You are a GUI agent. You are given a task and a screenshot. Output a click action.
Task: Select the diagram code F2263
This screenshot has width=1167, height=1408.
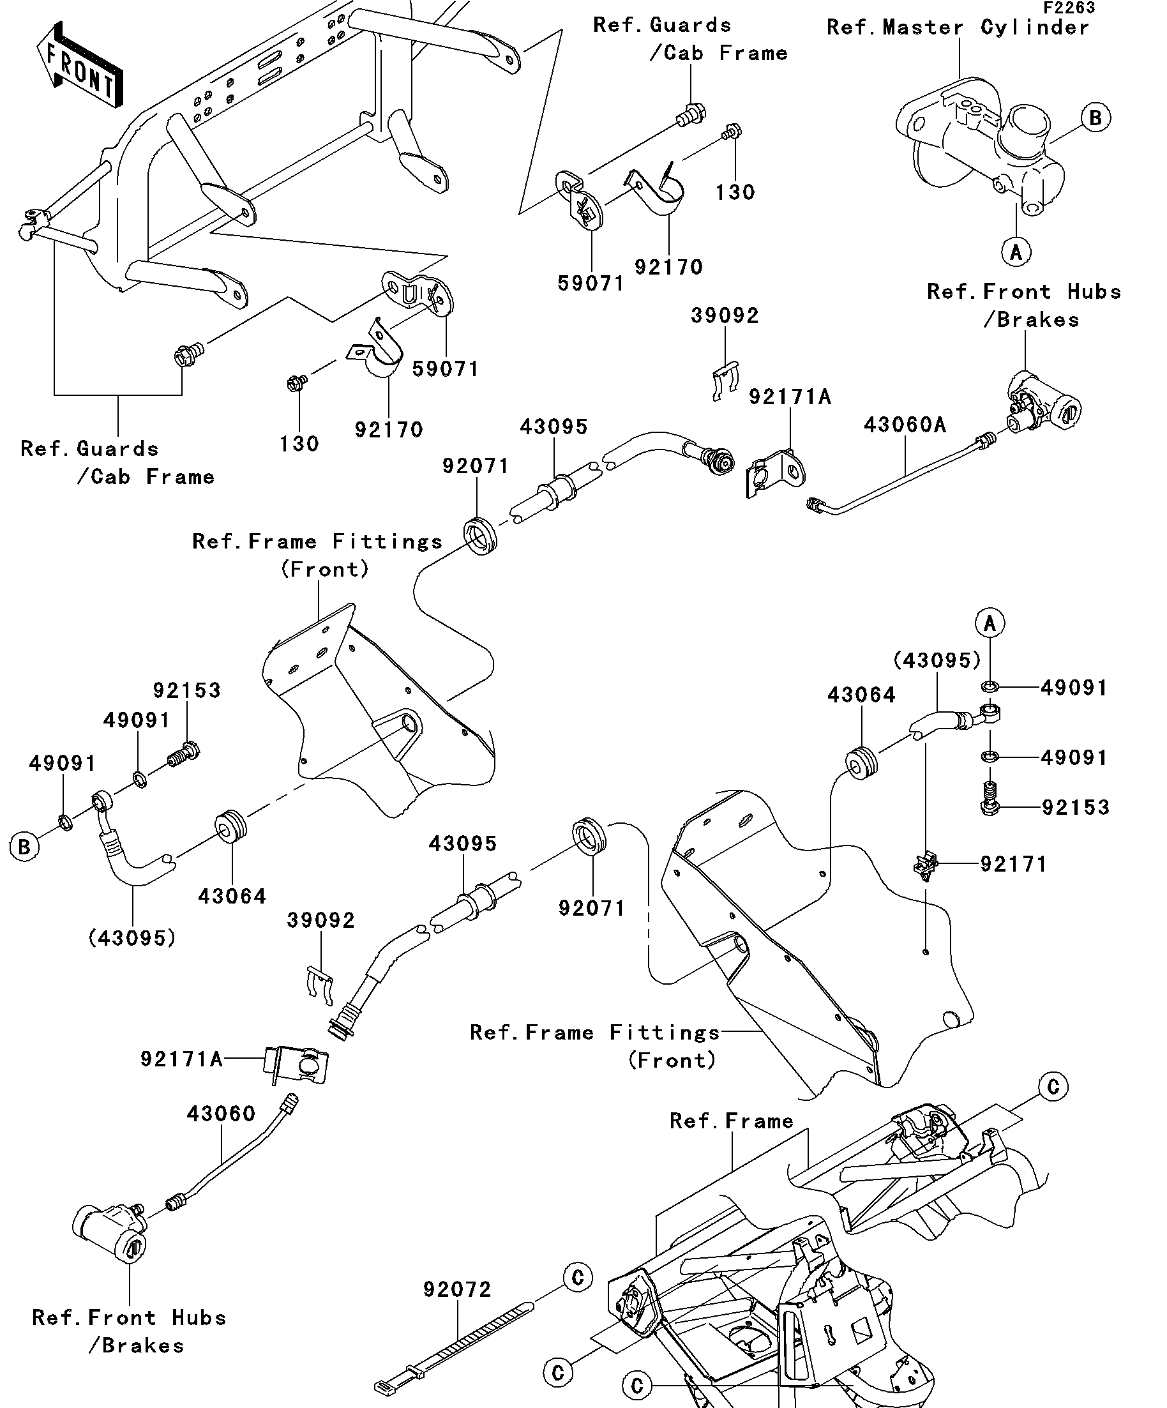[1069, 8]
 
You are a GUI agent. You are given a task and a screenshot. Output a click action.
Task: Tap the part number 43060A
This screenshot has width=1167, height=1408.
[905, 425]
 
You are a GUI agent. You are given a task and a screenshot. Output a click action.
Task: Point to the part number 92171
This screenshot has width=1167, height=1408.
[1014, 864]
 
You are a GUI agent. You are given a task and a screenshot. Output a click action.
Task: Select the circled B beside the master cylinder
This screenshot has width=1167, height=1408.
[1095, 117]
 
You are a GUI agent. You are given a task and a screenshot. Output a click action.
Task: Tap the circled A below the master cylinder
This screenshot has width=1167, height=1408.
[1016, 252]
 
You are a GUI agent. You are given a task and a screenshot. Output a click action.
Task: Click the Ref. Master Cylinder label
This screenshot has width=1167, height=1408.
[958, 27]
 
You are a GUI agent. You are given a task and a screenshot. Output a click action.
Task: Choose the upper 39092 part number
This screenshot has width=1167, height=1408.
[725, 315]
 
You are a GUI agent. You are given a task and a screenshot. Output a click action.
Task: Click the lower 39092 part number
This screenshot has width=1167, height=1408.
[321, 920]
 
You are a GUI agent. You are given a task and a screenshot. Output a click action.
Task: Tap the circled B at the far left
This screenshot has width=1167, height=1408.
[24, 847]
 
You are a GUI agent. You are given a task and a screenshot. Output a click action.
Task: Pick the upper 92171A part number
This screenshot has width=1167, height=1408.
[790, 397]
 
